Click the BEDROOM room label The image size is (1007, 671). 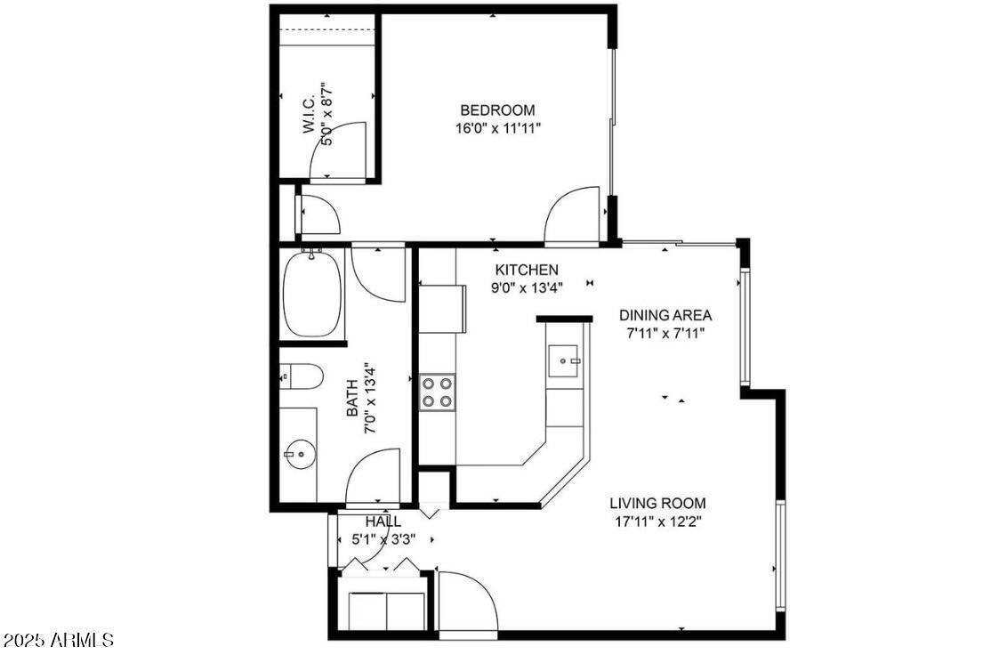497,110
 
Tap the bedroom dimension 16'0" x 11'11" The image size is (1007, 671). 497,128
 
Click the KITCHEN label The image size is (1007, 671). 527,270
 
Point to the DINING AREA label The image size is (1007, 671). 665,315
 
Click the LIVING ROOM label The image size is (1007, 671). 657,503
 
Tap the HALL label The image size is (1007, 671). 383,521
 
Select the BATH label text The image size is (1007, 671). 352,399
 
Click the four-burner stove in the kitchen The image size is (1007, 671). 437,392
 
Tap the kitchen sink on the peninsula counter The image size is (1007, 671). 563,360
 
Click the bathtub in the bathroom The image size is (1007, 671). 312,295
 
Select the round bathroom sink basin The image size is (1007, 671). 299,455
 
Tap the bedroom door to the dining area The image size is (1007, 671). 572,215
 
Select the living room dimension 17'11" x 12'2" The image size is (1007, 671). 657,521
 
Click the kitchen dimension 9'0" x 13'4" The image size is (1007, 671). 527,287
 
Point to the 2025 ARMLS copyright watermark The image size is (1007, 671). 58,640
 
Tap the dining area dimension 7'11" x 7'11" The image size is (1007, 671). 665,334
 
